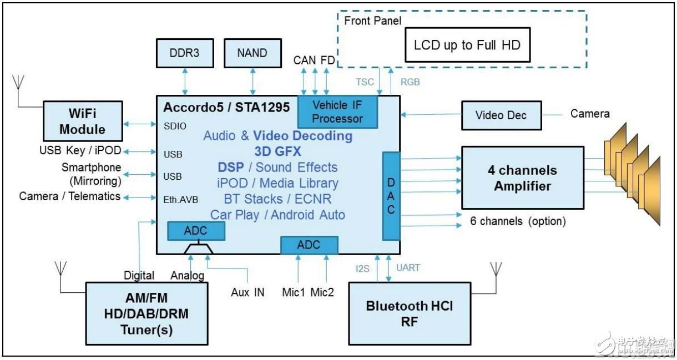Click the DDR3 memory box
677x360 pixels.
[184, 54]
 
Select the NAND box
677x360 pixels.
[252, 54]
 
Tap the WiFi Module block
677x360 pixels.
[83, 121]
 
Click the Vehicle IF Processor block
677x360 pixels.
[337, 111]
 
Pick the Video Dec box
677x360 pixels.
[501, 115]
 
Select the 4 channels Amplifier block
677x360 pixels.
[522, 178]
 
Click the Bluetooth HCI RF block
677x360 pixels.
[410, 313]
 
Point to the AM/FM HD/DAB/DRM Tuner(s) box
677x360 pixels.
[146, 313]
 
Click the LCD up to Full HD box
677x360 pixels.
[467, 45]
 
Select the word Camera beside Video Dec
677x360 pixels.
[590, 114]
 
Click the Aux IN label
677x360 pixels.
[247, 292]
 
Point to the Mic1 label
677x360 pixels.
[294, 292]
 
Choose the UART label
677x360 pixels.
[408, 268]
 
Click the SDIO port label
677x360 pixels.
[175, 126]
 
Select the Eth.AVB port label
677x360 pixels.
[181, 200]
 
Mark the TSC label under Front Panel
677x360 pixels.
[365, 82]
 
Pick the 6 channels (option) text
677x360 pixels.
[518, 221]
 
